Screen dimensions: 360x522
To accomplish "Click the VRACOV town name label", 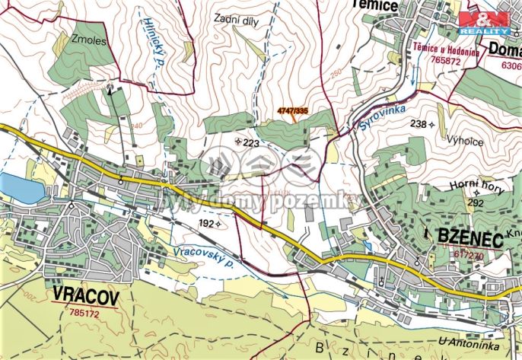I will (86, 296).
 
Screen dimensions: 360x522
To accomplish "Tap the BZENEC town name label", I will (469, 238).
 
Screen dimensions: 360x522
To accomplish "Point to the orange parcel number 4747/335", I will (292, 111).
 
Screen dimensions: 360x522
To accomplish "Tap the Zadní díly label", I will (236, 21).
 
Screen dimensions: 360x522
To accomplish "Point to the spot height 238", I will (419, 123).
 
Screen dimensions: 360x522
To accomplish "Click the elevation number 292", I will (475, 203).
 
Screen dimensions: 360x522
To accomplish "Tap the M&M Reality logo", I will (484, 22).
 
